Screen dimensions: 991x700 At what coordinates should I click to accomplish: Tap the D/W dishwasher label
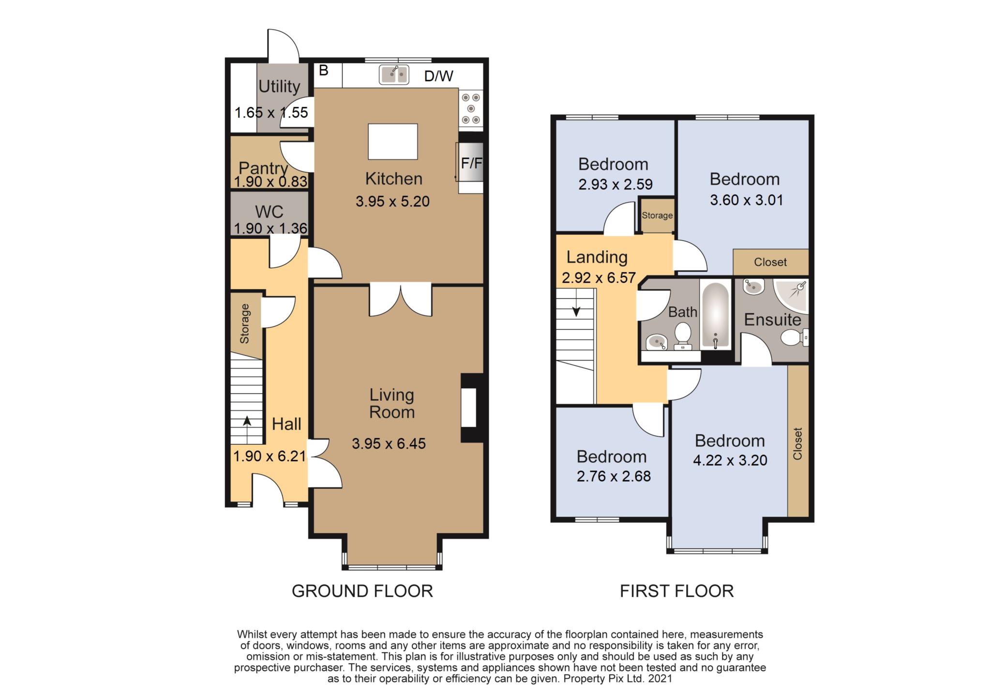coord(438,76)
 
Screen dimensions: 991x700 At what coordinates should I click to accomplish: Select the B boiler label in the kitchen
coord(324,71)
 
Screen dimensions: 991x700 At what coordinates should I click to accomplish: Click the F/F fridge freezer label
coord(471,163)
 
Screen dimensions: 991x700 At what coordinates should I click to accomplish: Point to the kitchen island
coord(393,142)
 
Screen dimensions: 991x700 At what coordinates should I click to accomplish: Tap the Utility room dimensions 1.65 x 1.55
coord(271,113)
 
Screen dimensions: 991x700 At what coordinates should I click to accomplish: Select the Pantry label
coord(263,168)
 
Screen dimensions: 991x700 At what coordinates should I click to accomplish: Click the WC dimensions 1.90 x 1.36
coord(271,228)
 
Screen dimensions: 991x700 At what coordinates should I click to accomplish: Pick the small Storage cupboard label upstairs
coord(657,215)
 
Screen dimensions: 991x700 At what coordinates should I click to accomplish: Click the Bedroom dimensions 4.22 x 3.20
coord(730,460)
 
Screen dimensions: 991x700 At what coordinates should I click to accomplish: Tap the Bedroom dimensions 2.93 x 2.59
coord(616,184)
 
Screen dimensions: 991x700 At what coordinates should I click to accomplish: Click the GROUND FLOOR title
coord(362,591)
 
